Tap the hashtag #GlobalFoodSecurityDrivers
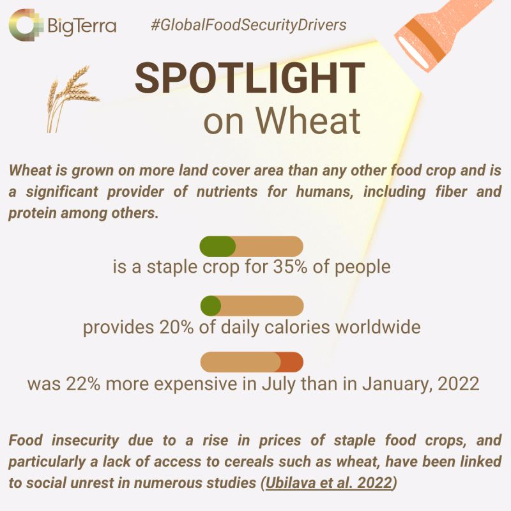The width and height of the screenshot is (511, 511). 248,26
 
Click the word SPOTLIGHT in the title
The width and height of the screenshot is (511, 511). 249,80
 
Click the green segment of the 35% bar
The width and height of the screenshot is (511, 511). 217,246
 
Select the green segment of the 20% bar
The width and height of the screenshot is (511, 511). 211,305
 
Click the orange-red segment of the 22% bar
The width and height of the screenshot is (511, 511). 291,362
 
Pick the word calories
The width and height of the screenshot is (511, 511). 289,327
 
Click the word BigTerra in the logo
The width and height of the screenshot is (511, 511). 82,26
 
